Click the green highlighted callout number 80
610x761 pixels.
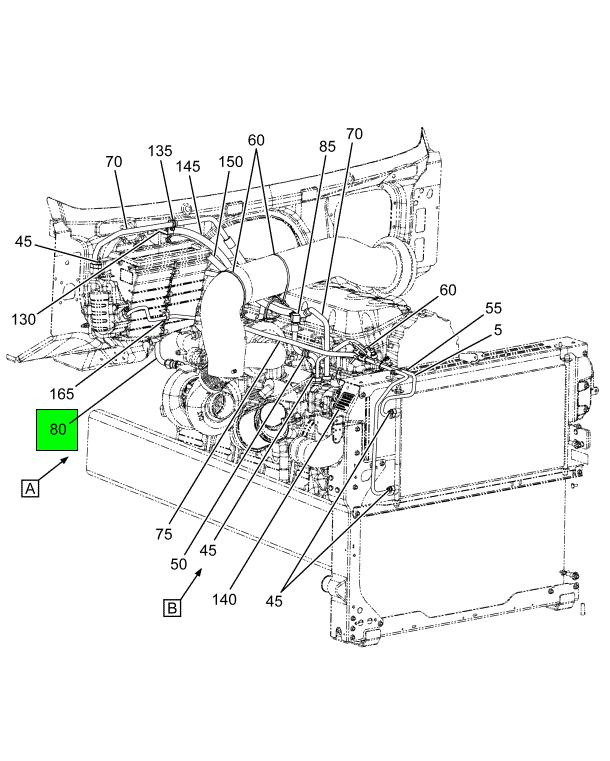58,430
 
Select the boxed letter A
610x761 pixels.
31,488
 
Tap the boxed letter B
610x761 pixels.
172,608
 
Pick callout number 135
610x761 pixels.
160,151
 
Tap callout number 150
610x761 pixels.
231,161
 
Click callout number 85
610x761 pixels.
327,145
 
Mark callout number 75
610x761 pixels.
163,534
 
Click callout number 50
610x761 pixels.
178,564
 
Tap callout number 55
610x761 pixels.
494,308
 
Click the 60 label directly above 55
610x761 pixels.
448,290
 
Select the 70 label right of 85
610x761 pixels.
354,133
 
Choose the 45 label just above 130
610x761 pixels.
25,241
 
